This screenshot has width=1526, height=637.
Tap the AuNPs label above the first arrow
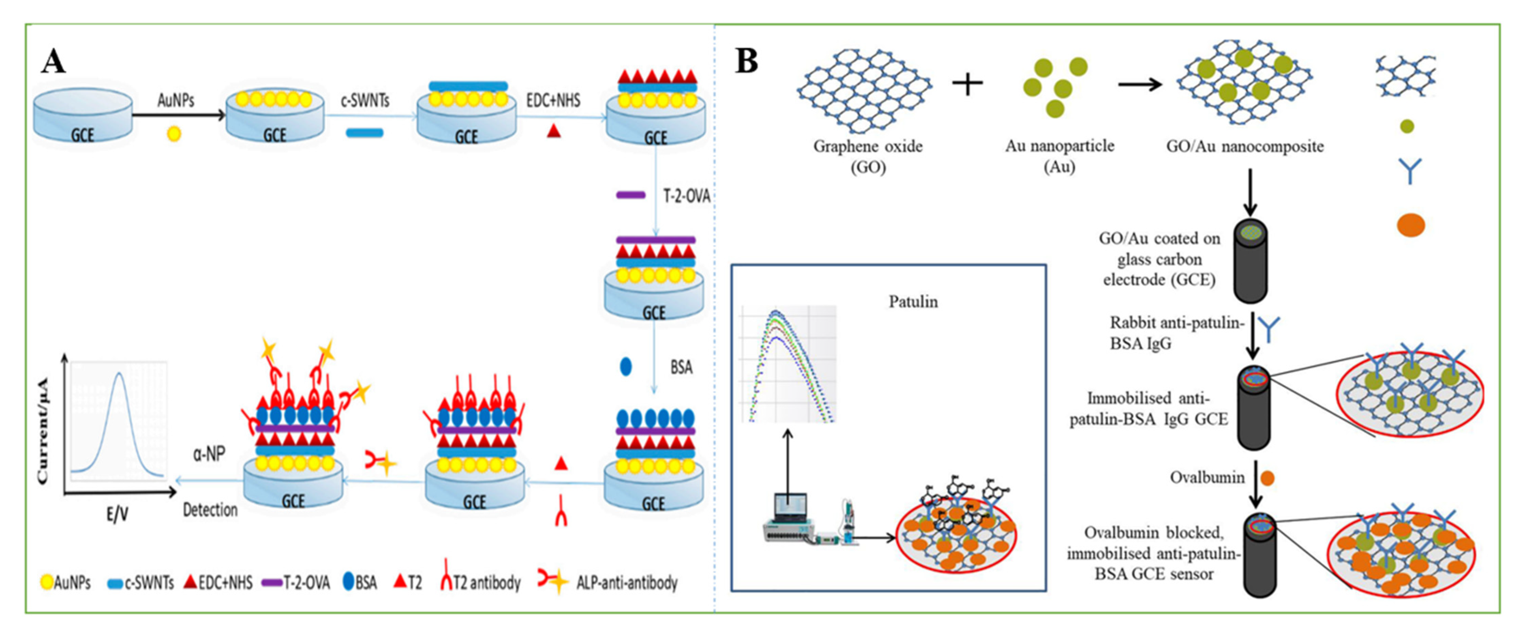[x=176, y=101]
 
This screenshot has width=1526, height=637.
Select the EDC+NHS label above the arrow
[x=553, y=101]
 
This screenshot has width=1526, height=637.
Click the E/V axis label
[x=117, y=514]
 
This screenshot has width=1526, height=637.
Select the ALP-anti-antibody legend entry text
[x=627, y=583]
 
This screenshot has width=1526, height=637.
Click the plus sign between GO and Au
[x=967, y=84]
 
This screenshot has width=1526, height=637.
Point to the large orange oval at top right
[x=1410, y=225]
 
